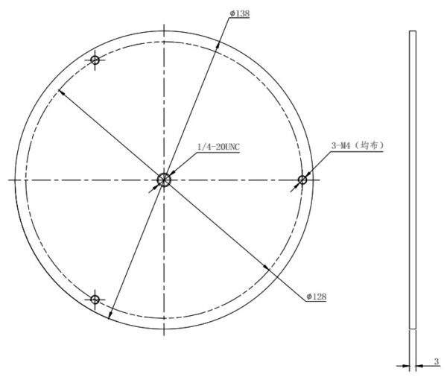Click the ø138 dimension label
tap(240, 13)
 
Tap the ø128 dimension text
tap(317, 297)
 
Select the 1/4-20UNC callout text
tap(218, 147)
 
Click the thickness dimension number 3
tap(436, 361)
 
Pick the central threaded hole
tap(164, 180)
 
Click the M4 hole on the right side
tap(302, 180)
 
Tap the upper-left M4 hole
tap(95, 60)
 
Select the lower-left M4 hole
tap(95, 300)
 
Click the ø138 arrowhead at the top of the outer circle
tap(218, 45)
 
